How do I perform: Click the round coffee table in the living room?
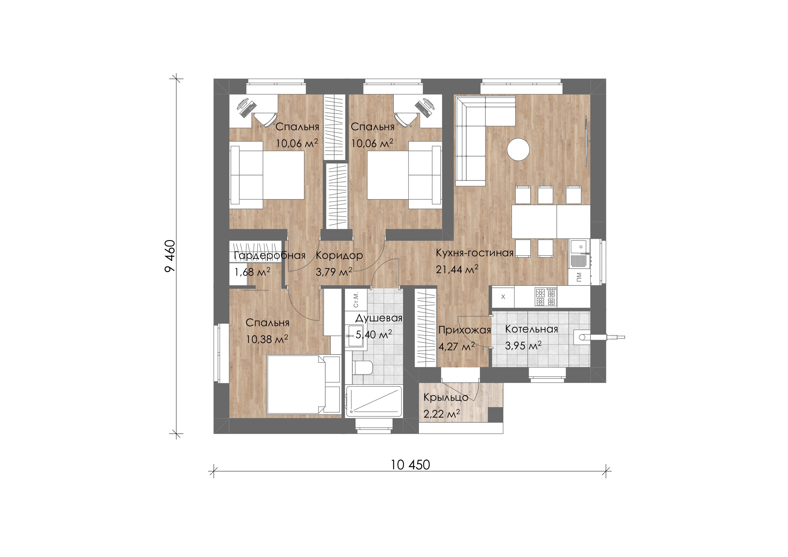pos(518,149)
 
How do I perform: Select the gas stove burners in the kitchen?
pos(546,297)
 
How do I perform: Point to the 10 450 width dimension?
pos(410,465)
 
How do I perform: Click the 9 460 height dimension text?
pos(170,256)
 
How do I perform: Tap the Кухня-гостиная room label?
pos(475,253)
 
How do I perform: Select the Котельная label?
pos(532,329)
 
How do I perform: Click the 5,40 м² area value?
pos(374,334)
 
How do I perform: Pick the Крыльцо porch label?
pos(446,397)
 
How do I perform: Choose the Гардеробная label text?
pos(269,256)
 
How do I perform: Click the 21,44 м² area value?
pos(457,269)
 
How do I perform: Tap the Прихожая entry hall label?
pos(465,330)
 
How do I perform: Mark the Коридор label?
pos(339,256)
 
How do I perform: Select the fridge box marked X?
pos(503,297)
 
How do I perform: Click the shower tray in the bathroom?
pos(374,401)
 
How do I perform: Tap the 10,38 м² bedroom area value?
pos(267,339)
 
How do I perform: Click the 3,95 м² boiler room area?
pos(523,346)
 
